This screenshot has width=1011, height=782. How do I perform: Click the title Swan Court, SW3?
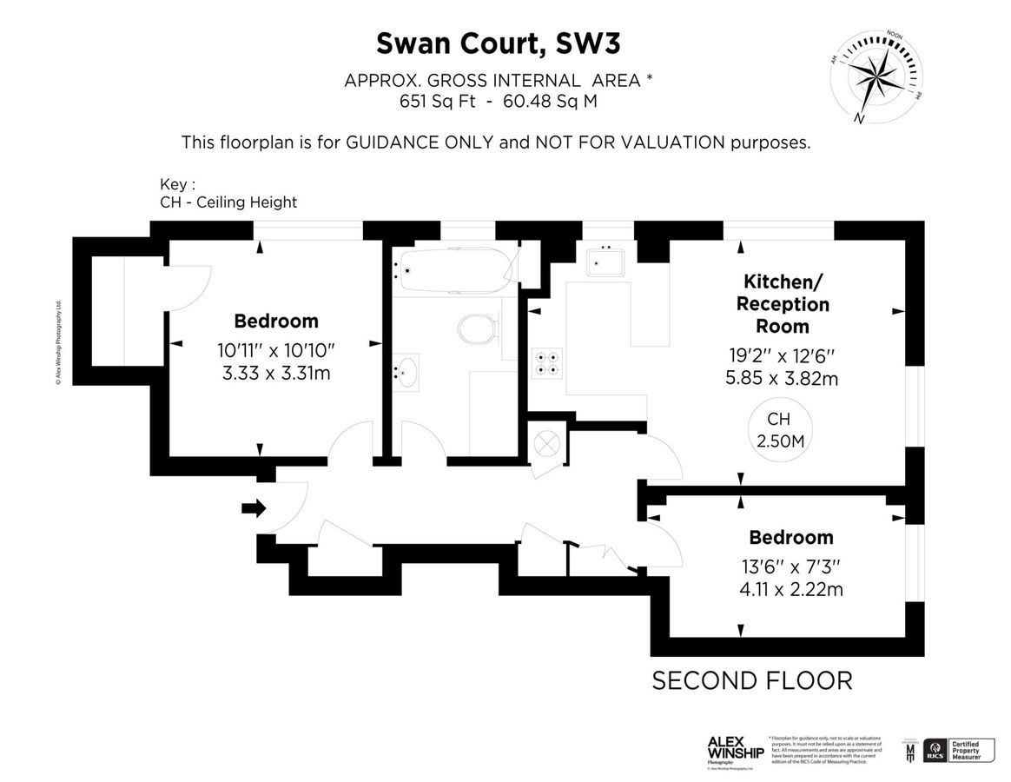coord(499,43)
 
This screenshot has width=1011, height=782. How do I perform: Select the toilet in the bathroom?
coord(478,330)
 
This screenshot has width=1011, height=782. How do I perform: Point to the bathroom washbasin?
coord(405,372)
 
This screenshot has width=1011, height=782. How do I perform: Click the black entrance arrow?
coord(254,508)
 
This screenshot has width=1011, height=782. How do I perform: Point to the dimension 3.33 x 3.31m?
coord(275,374)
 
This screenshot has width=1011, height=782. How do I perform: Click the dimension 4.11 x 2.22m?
coord(791,589)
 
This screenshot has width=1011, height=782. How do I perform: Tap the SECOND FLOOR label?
coord(752,680)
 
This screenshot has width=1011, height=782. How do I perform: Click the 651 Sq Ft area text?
coord(427,101)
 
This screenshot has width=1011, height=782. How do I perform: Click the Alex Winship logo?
coord(735,749)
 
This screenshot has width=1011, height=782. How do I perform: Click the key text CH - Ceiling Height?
coord(228,202)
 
